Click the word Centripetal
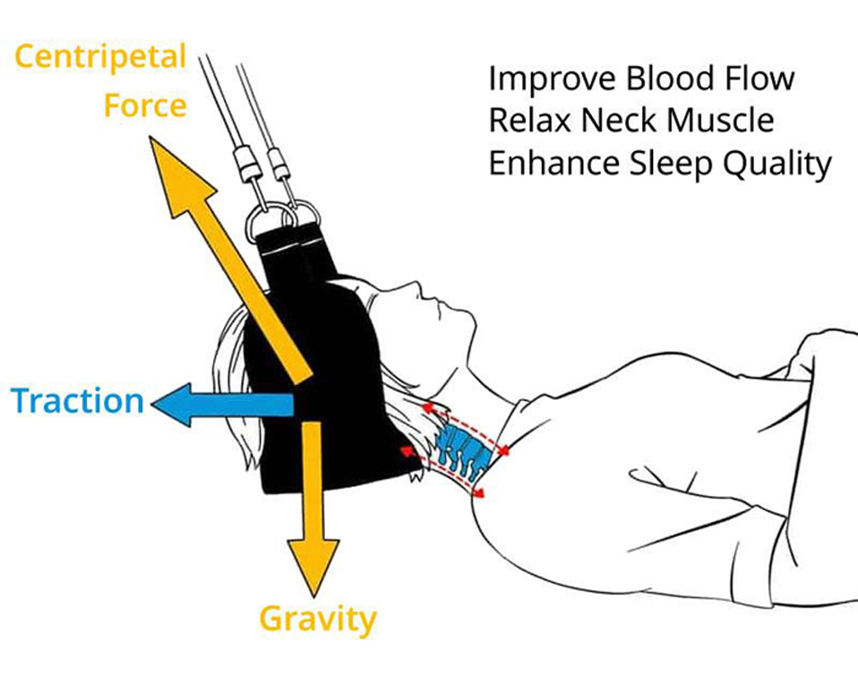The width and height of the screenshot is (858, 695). tap(99, 58)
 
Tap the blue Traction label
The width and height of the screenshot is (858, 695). tap(78, 400)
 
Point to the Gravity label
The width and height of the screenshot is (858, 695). tap(317, 619)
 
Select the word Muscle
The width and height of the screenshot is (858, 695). tap(719, 121)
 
